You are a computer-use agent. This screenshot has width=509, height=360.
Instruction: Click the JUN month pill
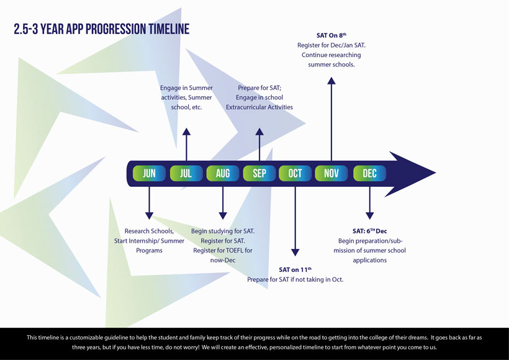tap(149, 174)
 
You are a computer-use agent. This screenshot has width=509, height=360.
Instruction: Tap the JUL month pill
tap(186, 174)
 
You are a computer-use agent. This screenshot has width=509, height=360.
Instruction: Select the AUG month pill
tap(222, 174)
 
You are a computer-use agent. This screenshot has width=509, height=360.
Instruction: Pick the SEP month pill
tap(259, 174)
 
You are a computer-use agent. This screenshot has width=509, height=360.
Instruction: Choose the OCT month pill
tap(295, 174)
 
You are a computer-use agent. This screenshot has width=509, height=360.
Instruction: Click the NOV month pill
tap(331, 174)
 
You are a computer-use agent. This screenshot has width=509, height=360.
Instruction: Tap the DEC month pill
tap(369, 174)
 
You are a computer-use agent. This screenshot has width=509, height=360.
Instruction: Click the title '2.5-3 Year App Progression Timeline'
tap(101, 29)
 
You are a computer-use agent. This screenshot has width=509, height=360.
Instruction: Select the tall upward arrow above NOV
tap(331, 118)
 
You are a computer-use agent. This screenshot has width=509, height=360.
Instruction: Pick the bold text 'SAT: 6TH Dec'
tap(369, 231)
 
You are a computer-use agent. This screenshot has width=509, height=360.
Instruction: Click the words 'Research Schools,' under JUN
tap(149, 231)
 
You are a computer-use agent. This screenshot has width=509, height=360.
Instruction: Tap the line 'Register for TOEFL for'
tap(223, 250)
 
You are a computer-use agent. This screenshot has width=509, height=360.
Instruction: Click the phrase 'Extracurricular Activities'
tap(259, 107)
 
